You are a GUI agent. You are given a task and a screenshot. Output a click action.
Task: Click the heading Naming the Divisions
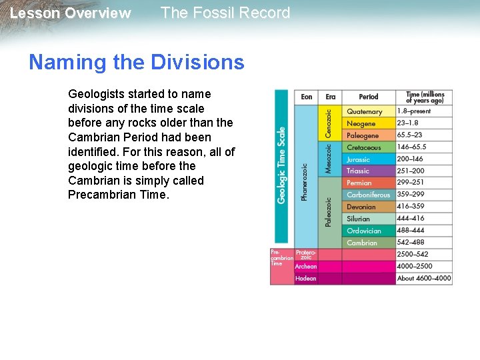pos(137,63)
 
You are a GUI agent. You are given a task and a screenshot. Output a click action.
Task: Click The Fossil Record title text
pos(225,13)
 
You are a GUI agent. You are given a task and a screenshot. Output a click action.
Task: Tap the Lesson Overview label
pos(71,13)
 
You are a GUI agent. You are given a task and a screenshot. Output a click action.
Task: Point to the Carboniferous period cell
pos(369,195)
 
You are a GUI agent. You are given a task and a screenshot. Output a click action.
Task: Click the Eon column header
pos(306,97)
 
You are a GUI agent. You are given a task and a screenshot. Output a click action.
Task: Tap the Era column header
pos(331,97)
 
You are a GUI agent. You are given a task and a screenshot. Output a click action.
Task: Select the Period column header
pos(368,97)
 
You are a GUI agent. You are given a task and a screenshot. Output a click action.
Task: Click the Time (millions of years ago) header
pos(425,97)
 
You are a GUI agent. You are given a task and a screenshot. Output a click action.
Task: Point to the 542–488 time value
pos(411,243)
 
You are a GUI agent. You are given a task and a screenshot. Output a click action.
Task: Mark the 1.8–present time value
pos(414,111)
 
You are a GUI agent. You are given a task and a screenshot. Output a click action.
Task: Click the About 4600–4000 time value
pos(424,278)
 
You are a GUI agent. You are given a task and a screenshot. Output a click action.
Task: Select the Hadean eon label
pos(306,278)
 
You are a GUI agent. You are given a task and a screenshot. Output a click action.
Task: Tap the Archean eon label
pos(306,267)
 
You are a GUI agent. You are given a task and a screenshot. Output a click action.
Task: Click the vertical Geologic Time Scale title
pos(281,165)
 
